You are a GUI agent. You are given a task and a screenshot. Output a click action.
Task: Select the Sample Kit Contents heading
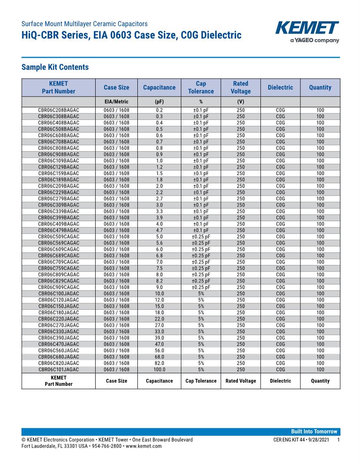click(x=55, y=67)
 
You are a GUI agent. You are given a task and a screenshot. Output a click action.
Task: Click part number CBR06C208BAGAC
click(x=59, y=110)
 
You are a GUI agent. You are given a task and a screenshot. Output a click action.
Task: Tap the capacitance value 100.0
click(x=159, y=370)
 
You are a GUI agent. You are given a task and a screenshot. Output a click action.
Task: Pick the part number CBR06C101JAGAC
click(x=59, y=370)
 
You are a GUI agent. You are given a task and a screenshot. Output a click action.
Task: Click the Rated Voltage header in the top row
click(x=240, y=87)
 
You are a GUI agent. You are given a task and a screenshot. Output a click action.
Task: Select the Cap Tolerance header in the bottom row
click(x=201, y=381)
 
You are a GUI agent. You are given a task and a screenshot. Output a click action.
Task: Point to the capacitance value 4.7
click(x=159, y=230)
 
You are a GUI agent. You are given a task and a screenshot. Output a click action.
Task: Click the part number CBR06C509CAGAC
click(x=59, y=237)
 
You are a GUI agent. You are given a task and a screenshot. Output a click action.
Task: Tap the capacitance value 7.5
click(x=159, y=268)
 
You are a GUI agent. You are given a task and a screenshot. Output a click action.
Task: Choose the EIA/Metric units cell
click(x=116, y=102)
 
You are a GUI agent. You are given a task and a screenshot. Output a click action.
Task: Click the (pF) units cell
click(x=159, y=102)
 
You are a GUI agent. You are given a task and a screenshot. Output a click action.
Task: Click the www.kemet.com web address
click(x=144, y=446)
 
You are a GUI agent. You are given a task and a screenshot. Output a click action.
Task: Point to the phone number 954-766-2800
click(x=103, y=446)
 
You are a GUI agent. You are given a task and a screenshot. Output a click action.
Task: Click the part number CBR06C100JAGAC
click(x=59, y=294)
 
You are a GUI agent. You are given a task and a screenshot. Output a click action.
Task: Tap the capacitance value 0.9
click(x=159, y=155)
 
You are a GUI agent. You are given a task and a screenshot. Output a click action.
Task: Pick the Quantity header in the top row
click(x=320, y=87)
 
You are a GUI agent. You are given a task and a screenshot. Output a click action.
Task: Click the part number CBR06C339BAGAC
click(x=59, y=212)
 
